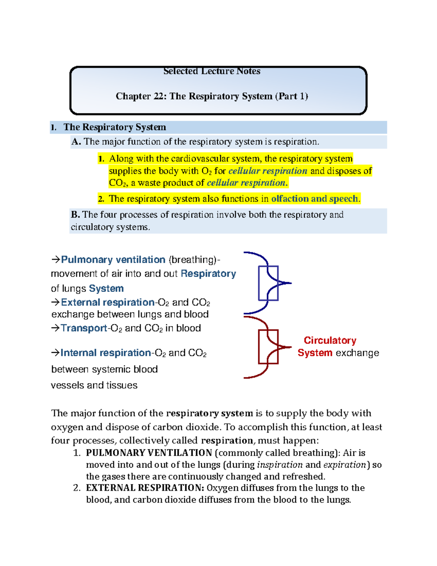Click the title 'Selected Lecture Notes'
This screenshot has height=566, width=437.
pyautogui.click(x=212, y=71)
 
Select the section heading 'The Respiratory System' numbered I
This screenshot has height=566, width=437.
pyautogui.click(x=115, y=127)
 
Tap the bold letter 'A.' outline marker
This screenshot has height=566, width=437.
pyautogui.click(x=76, y=142)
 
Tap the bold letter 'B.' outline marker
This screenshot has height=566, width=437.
pyautogui.click(x=75, y=215)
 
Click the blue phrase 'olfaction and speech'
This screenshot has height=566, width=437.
pyautogui.click(x=315, y=199)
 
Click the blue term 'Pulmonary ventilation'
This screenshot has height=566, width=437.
pyautogui.click(x=113, y=259)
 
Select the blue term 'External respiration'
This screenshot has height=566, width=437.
pyautogui.click(x=107, y=302)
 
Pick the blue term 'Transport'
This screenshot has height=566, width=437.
pyautogui.click(x=84, y=328)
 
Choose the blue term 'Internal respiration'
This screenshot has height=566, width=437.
pyautogui.click(x=105, y=353)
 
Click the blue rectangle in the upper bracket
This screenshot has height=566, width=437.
pyautogui.click(x=268, y=283)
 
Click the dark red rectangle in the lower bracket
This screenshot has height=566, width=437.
pyautogui.click(x=268, y=347)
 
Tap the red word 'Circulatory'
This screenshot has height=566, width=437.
pyautogui.click(x=330, y=340)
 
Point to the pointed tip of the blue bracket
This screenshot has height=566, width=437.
pyautogui.click(x=290, y=283)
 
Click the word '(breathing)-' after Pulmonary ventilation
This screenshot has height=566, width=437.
pyautogui.click(x=194, y=259)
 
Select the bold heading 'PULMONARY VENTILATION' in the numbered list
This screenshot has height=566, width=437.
pyautogui.click(x=149, y=453)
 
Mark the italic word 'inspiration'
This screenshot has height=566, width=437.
pyautogui.click(x=280, y=465)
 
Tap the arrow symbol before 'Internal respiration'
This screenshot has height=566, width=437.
pyautogui.click(x=55, y=353)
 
